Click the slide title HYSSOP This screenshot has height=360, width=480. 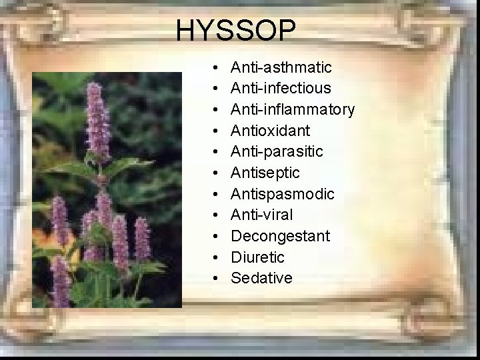237,31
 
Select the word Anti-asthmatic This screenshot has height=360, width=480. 281,67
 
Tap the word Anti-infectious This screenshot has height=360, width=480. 281,89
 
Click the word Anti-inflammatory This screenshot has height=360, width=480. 292,109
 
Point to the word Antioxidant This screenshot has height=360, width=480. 270,131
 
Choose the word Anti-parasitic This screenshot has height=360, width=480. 277,152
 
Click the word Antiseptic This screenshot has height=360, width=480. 265,173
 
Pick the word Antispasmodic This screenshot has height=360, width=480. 283,194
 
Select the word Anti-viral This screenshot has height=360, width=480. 261,215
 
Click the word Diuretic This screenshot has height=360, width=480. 257,257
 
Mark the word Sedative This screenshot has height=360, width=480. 261,278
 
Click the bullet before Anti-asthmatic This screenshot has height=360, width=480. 217,68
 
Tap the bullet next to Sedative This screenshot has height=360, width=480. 217,279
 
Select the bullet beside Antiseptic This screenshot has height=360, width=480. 217,173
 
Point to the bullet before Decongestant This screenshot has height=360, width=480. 217,237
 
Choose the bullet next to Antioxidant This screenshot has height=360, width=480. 217,131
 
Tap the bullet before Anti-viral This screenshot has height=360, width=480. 217,215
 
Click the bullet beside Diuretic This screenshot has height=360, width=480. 217,257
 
